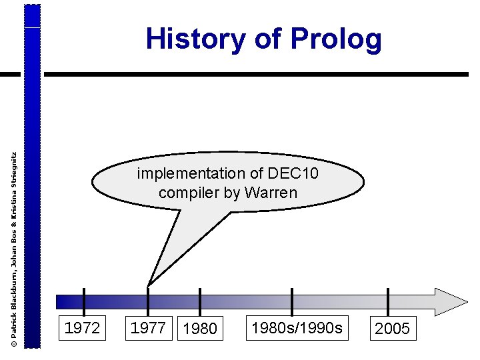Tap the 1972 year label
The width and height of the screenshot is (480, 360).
click(82, 327)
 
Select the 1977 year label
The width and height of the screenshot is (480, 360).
click(149, 327)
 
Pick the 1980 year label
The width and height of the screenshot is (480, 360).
click(199, 329)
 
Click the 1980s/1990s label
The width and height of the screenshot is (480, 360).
click(297, 327)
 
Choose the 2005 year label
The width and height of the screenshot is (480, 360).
click(393, 329)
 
